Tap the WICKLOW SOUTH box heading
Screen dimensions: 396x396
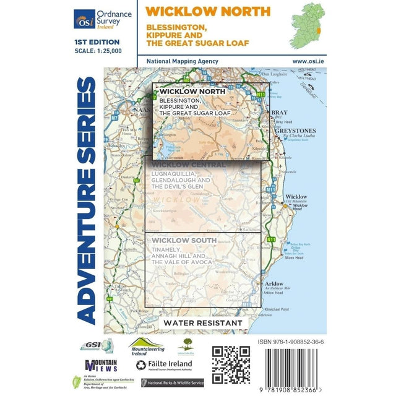coord(184,240)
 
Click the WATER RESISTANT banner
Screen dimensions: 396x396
coord(204,323)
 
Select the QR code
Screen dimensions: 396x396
coord(231,364)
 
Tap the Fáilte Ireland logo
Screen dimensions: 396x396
coord(164,366)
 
